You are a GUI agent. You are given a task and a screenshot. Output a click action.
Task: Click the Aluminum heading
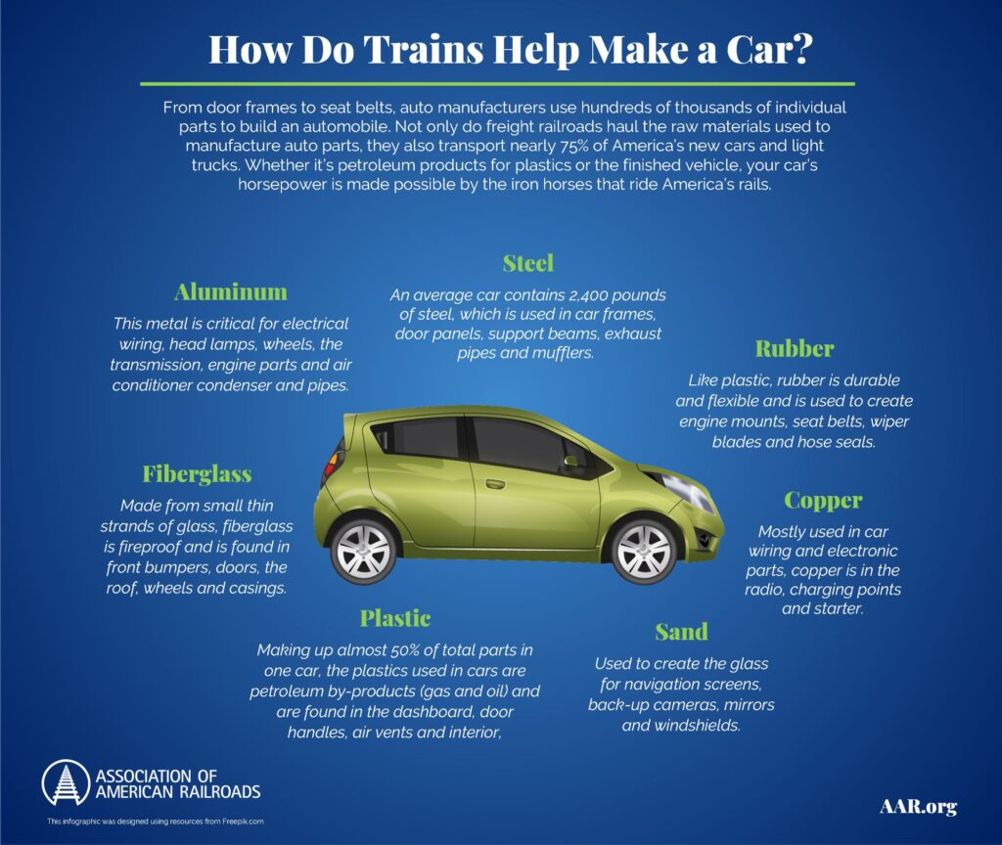231,292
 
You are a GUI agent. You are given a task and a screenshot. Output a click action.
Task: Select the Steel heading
527,263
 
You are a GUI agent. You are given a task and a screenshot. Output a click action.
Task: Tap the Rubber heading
794,349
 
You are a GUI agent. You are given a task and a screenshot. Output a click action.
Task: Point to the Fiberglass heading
197,474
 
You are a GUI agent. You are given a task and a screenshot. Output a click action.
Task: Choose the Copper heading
823,501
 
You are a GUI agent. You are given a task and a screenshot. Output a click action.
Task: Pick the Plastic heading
395,618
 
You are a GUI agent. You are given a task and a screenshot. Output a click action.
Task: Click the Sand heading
681,632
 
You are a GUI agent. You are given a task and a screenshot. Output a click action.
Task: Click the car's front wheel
644,550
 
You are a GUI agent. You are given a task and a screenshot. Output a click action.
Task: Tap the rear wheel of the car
364,550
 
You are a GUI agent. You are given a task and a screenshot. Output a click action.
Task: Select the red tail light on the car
337,454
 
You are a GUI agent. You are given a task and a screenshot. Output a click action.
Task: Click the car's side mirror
569,461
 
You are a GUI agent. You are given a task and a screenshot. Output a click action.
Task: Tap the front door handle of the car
495,483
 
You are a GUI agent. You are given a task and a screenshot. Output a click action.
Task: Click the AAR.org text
917,807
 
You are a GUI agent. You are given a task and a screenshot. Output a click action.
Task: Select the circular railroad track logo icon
66,783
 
